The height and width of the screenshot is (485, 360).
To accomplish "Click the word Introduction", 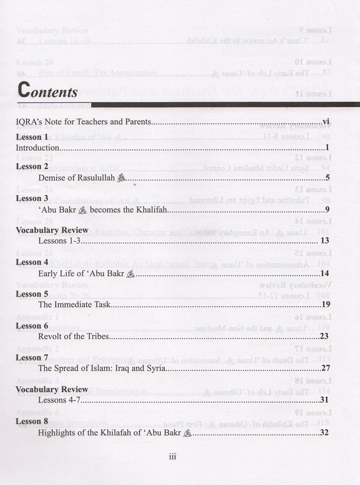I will pos(38,147).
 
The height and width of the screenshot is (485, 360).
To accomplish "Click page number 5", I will pos(328,178).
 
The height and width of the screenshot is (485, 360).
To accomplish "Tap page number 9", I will pos(328,210).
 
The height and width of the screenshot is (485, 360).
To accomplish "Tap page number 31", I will pos(325,400).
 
